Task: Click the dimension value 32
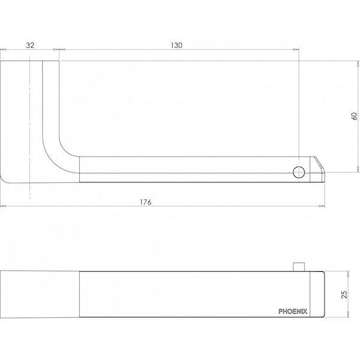[x=29, y=45]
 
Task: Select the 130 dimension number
[x=175, y=45]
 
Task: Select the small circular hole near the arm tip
[x=298, y=173]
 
